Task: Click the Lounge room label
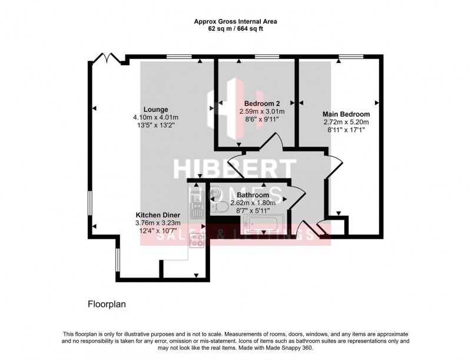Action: click(x=155, y=109)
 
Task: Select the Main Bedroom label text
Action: click(x=346, y=114)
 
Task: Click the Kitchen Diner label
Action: click(x=155, y=214)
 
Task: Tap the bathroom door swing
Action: click(x=297, y=197)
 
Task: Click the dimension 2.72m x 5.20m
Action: click(x=346, y=122)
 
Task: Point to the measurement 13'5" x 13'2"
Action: click(x=155, y=125)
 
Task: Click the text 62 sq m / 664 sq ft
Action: click(x=235, y=28)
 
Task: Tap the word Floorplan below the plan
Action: click(x=107, y=305)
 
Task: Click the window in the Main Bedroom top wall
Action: click(x=346, y=57)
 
